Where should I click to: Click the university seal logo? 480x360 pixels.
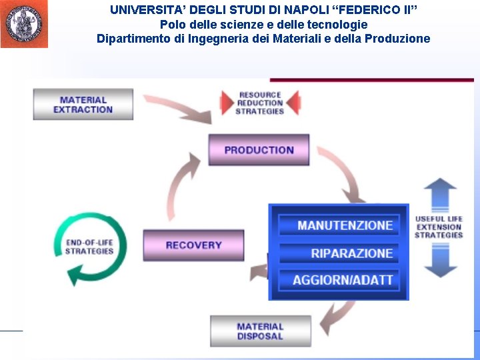click(x=24, y=24)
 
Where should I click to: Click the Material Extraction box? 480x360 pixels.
click(x=83, y=105)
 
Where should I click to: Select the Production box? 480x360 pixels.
click(x=259, y=150)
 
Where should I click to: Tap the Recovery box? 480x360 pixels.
click(x=193, y=245)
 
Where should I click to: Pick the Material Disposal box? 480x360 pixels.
click(x=260, y=331)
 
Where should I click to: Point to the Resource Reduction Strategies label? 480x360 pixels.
click(x=260, y=103)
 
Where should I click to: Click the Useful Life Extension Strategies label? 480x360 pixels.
click(x=439, y=227)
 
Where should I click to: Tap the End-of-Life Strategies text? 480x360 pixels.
click(x=89, y=247)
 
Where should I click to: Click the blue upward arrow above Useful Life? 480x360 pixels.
click(x=440, y=195)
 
